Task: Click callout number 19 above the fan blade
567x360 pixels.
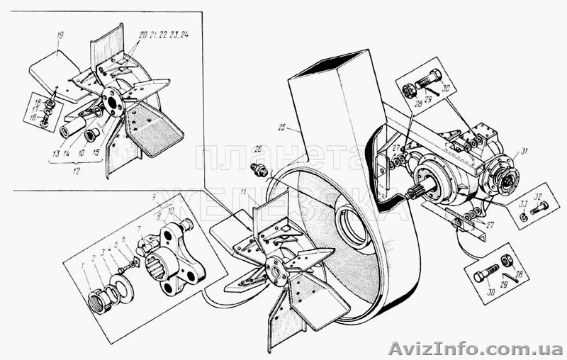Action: pos(60,35)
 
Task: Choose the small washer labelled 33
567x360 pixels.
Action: pos(522,217)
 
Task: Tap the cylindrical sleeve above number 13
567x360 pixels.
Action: pos(72,129)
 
